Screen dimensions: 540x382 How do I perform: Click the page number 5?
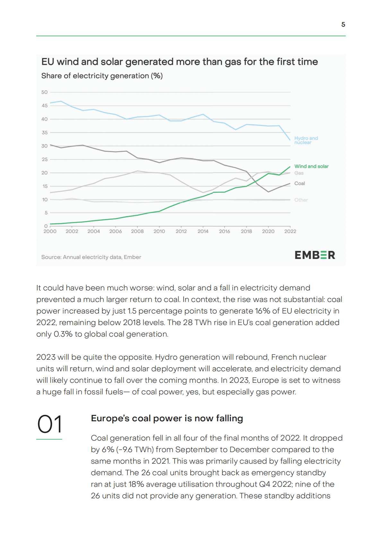pos(343,24)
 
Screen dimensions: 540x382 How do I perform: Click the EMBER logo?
pos(315,255)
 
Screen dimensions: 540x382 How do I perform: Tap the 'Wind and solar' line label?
pos(311,166)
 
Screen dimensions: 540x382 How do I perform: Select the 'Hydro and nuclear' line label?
pos(306,140)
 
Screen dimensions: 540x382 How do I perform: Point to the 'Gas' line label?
pos(299,173)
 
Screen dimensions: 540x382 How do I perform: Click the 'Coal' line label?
pos(300,184)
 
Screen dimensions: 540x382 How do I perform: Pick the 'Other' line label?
pos(301,200)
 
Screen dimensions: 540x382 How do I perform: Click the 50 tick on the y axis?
pos(44,92)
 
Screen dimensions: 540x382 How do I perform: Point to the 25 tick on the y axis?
pos(44,159)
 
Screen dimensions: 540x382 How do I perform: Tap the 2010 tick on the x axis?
pos(159,231)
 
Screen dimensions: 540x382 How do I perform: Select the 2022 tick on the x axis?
pos(290,231)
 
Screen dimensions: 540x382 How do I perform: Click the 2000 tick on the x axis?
pos(50,231)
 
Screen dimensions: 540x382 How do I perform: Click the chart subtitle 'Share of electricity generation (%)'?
pos(102,76)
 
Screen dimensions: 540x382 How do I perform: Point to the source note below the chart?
pos(91,257)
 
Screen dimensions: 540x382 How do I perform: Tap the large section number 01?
pos(49,424)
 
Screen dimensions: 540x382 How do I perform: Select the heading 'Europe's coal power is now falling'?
pos(167,418)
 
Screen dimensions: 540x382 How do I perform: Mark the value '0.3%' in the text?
pos(63,334)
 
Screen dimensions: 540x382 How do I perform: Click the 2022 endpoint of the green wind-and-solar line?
pos(290,167)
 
